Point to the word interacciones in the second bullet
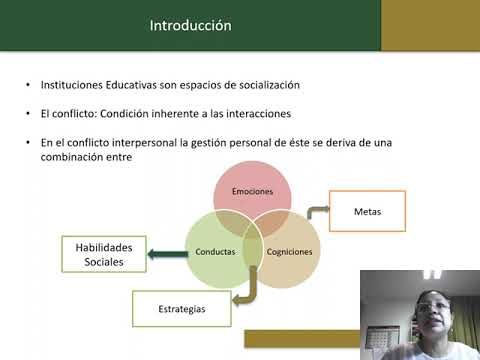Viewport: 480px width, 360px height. (266, 115)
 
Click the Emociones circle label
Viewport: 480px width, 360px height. (253, 190)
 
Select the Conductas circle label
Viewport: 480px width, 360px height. (214, 251)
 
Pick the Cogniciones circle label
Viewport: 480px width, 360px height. (290, 251)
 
